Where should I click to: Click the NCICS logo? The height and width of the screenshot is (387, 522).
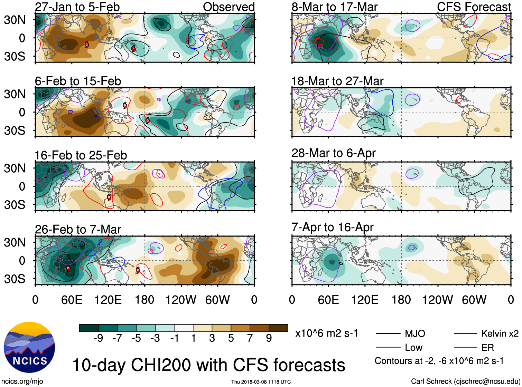pos(29,347)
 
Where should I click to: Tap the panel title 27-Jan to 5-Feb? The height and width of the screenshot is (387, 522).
pos(77,7)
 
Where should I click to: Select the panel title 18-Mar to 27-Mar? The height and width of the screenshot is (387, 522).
pos(337,81)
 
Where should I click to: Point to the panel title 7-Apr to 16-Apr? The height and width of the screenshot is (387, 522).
pos(333,227)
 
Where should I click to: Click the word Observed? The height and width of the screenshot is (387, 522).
pos(229,7)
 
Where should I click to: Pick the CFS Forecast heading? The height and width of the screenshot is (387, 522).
pos(474,7)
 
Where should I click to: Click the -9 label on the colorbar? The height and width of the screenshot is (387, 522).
pos(98,338)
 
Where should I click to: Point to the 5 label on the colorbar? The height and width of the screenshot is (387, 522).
pos(231,338)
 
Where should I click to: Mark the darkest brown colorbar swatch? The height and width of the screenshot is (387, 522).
pos(278,328)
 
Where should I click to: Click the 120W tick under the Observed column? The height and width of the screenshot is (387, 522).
pos(181,300)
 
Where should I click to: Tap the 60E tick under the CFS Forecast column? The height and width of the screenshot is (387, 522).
pos(328,300)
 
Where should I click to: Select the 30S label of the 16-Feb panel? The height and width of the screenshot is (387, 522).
pos(15,205)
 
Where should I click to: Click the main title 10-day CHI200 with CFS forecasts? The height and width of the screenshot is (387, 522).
pos(208,365)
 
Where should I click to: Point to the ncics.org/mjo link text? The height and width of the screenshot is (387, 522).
pos(22,381)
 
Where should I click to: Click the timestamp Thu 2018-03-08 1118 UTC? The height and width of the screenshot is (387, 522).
pos(261,382)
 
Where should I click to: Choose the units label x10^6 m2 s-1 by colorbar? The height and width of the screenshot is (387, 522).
pos(326,333)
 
